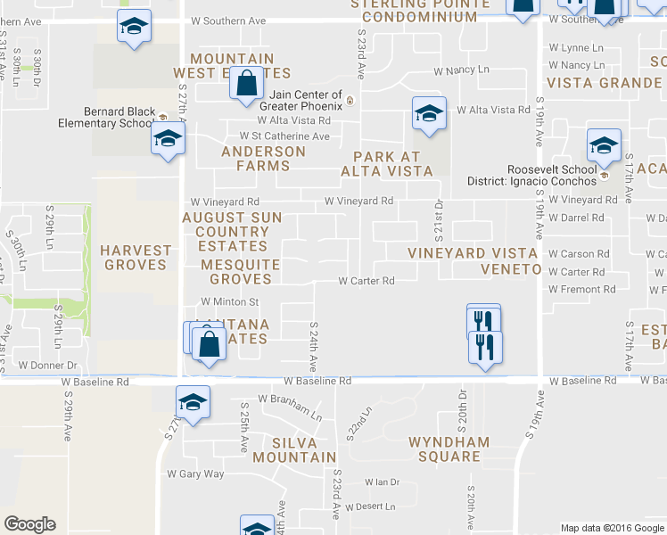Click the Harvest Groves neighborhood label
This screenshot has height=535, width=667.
tap(135, 258)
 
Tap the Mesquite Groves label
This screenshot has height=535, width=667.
tap(236, 271)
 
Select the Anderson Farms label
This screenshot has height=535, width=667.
tap(263, 159)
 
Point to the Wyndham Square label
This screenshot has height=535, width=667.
tap(449, 449)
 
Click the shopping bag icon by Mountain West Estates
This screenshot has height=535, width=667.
tap(245, 85)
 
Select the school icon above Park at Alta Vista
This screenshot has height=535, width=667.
tap(429, 113)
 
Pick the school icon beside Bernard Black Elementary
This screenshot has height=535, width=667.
tap(168, 138)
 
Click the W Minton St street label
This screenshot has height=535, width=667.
tap(230, 302)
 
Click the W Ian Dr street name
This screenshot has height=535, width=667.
tap(382, 482)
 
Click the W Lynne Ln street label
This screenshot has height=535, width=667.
tap(576, 48)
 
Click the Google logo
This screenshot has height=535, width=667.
tap(29, 524)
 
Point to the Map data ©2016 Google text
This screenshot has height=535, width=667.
tap(612, 528)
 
